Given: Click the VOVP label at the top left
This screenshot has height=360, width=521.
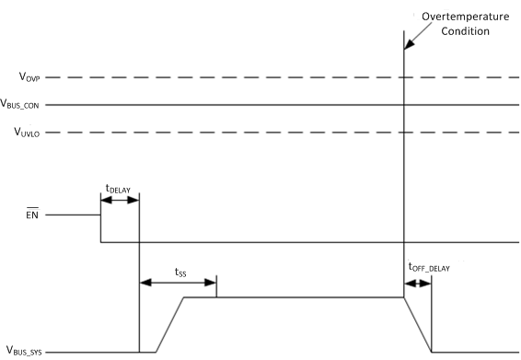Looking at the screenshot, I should [x=25, y=77].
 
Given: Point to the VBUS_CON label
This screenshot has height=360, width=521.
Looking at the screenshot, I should [x=29, y=105].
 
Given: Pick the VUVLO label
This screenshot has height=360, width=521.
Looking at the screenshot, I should [x=26, y=133].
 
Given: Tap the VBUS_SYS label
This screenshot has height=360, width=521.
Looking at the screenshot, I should [x=29, y=351].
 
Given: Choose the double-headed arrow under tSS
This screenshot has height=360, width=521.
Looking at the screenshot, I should [x=177, y=283].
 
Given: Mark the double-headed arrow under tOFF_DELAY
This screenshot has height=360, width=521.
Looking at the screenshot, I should [x=418, y=283].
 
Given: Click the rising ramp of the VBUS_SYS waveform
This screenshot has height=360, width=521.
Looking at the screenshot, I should [x=170, y=324].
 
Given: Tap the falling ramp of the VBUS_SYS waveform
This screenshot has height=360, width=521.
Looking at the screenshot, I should [x=418, y=324].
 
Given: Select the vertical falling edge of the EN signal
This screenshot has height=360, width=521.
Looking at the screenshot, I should [x=100, y=228].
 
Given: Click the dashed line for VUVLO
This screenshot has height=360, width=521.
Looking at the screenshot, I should [x=276, y=133].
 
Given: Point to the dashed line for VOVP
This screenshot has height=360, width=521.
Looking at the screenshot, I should [x=276, y=77].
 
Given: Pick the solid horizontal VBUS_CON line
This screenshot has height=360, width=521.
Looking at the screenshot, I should [x=276, y=105].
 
